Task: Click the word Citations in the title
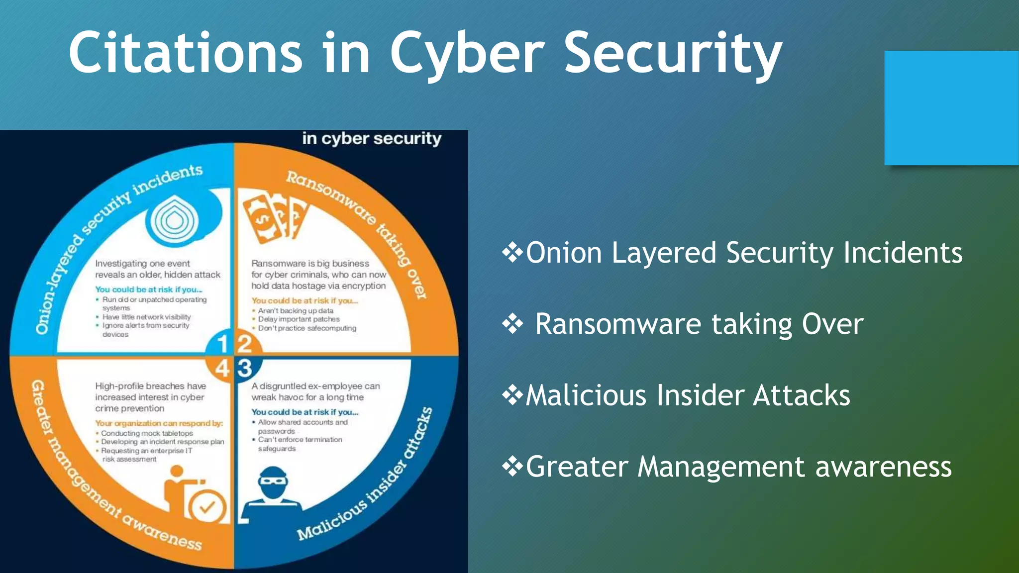pyautogui.click(x=185, y=53)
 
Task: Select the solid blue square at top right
pyautogui.click(x=951, y=107)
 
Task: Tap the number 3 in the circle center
pyautogui.click(x=245, y=369)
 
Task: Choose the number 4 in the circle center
pyautogui.click(x=222, y=369)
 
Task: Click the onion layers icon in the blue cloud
pyautogui.click(x=174, y=219)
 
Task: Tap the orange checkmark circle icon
pyautogui.click(x=207, y=507)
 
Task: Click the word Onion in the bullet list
pyautogui.click(x=564, y=253)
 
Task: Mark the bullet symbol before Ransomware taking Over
pyautogui.click(x=512, y=324)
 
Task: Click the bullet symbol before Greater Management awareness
pyautogui.click(x=512, y=467)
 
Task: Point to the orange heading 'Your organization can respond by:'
pyautogui.click(x=159, y=423)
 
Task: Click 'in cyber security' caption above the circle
pyautogui.click(x=372, y=138)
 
